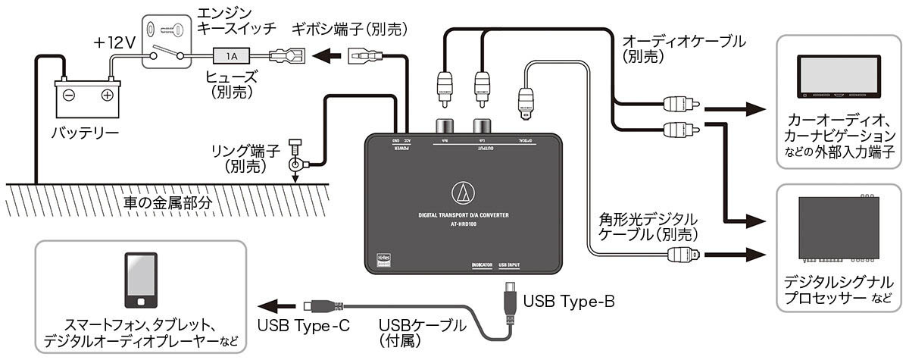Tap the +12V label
coord(114,43)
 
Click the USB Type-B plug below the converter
coord(509,300)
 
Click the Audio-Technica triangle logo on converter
coord(462,193)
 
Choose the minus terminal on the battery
coord(68,95)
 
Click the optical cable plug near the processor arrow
coord(684,254)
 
